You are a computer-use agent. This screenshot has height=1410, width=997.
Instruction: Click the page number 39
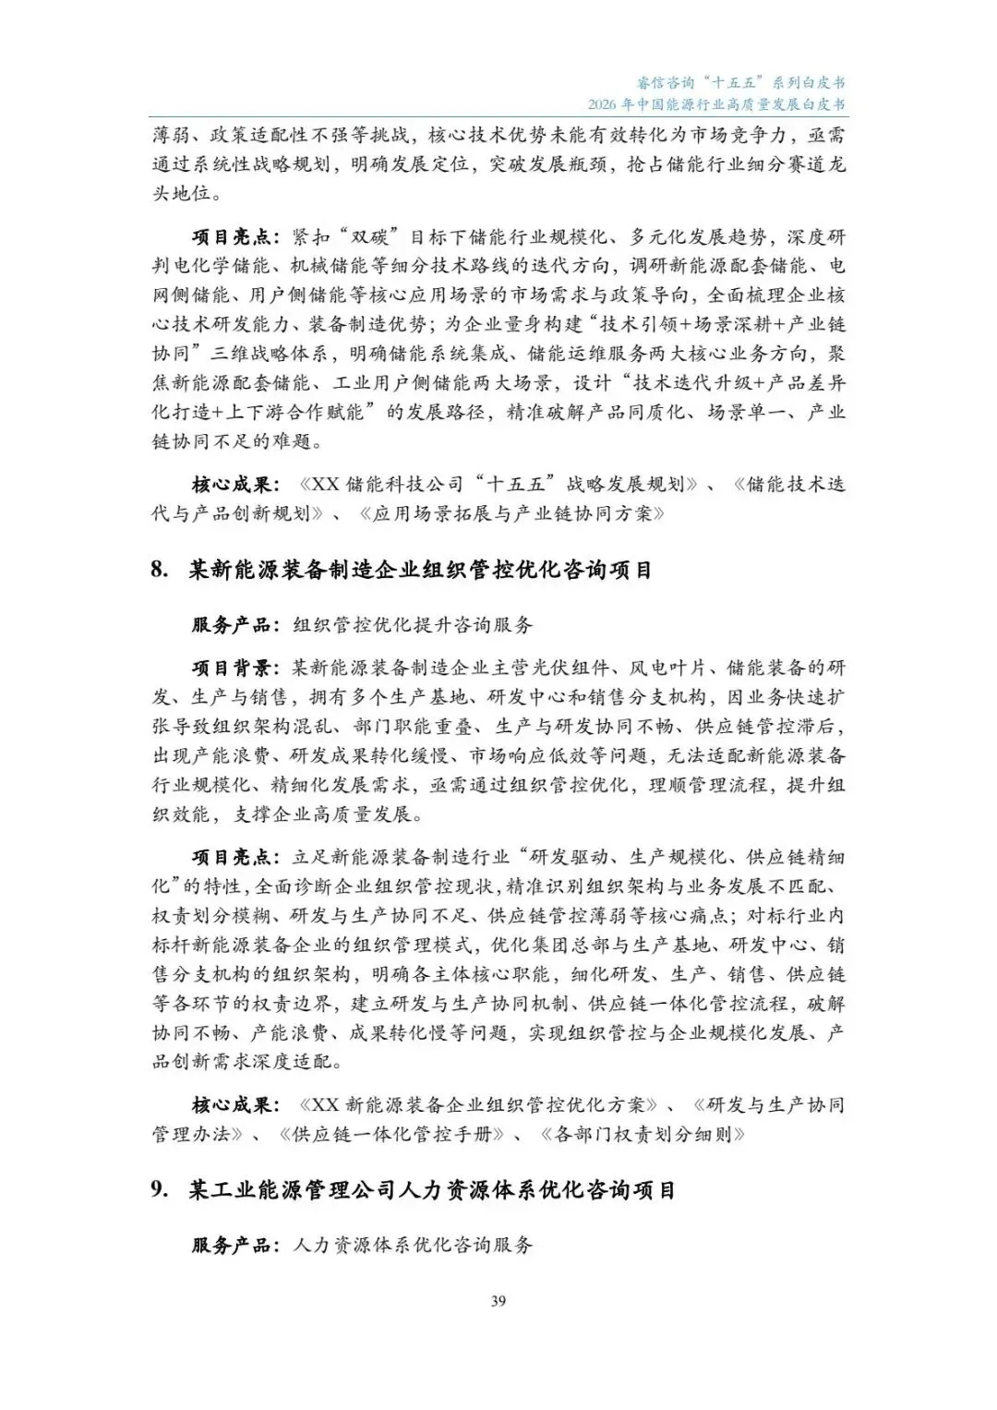(498, 1301)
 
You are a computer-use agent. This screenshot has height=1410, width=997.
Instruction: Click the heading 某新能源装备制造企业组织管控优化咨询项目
(421, 571)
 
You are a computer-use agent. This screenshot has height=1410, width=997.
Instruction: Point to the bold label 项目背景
(231, 668)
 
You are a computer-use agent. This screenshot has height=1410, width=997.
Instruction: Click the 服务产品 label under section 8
(231, 625)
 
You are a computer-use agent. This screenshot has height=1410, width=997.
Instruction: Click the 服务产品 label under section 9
(231, 1245)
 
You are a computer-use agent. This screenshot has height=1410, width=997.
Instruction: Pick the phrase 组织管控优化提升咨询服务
(413, 625)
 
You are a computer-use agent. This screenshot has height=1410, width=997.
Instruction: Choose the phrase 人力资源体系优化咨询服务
(413, 1245)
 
